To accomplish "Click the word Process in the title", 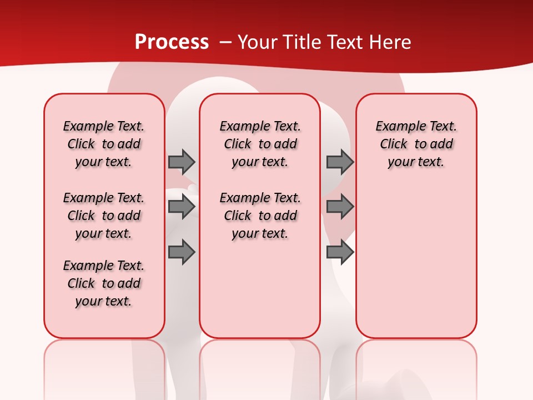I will point(172,42).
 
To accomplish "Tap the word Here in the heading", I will point(391,42).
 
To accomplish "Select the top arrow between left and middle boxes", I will point(182,162).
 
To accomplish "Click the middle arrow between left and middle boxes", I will point(182,207).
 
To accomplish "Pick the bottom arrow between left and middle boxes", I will point(182,252).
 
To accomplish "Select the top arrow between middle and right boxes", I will point(340,162).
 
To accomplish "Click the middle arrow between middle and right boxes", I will point(340,207).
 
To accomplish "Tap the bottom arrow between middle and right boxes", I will point(340,252).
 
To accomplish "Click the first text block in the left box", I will point(104,144).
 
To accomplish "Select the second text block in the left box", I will point(104,216).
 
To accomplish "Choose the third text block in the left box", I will point(104,283).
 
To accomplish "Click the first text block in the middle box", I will point(260,144).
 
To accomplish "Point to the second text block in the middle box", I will point(260,216).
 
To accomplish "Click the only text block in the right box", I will point(416,144).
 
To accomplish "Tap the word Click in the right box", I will point(394,144).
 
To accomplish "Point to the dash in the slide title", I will point(226,42).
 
